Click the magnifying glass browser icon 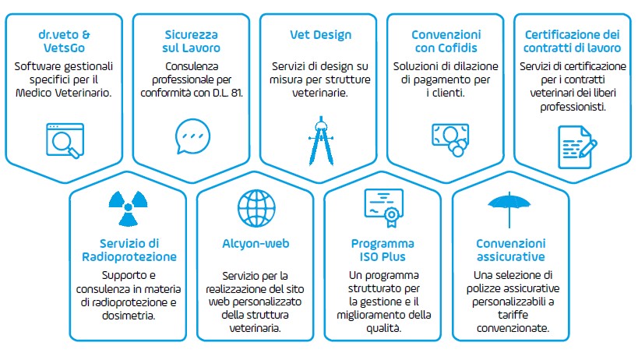[65, 140]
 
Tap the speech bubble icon [192, 136]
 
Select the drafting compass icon [321, 141]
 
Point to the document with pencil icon [577, 146]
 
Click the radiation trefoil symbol [129, 208]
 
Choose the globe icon [256, 208]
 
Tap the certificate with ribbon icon [384, 207]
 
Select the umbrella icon [509, 209]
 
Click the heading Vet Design [321, 35]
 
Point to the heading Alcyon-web [256, 244]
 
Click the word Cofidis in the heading [457, 48]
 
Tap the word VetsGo [65, 48]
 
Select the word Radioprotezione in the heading [129, 257]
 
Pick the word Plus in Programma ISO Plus [394, 257]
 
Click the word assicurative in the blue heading [511, 257]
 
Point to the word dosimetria [129, 316]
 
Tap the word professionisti [573, 107]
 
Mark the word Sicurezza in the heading [191, 35]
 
